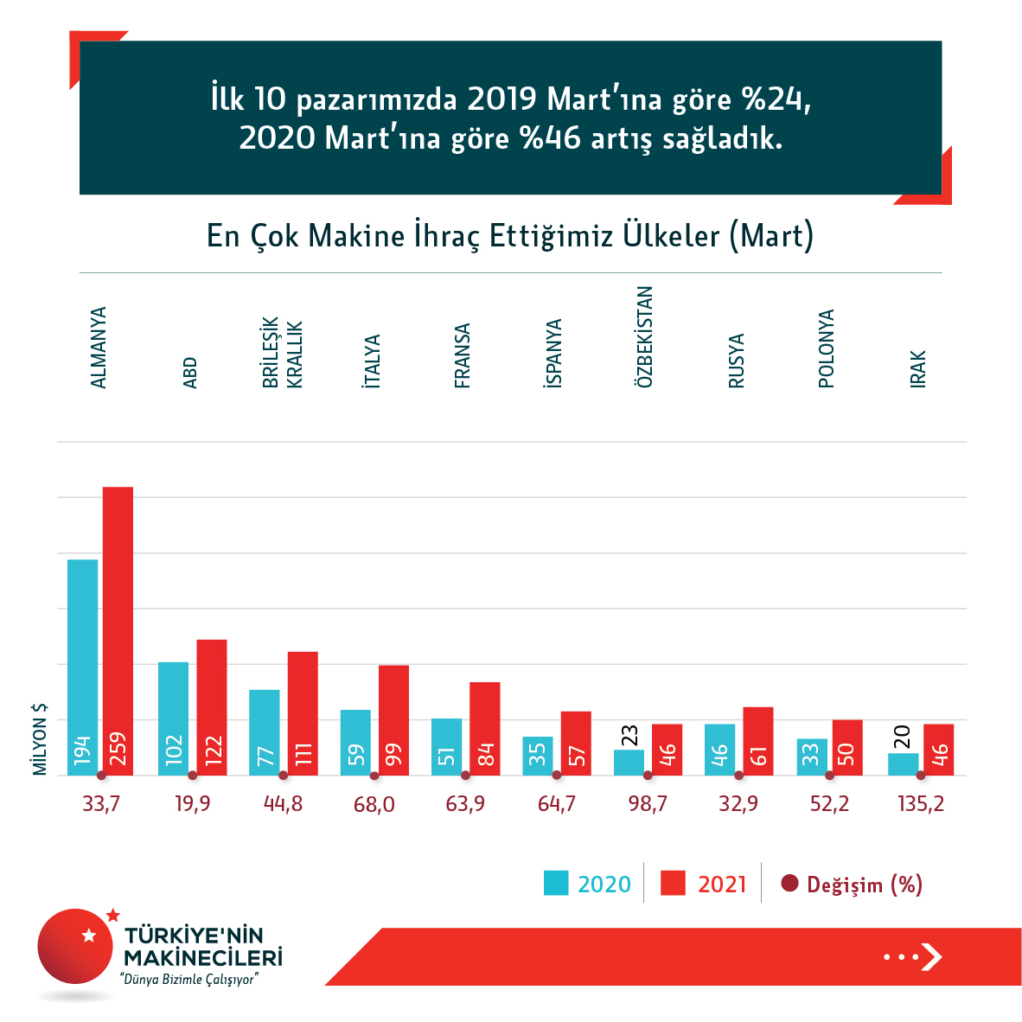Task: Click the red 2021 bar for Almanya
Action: coord(118,631)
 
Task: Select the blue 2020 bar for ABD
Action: coord(173,718)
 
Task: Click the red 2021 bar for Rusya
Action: coord(758,741)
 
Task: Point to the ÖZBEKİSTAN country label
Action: coord(645,336)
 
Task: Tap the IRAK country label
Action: coord(918,368)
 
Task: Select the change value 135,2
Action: coord(921,804)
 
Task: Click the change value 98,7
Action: coord(648,804)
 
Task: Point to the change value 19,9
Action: coord(192,804)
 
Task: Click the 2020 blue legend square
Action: coord(556,883)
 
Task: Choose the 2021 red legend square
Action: coord(673,883)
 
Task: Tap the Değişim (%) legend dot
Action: coord(789,884)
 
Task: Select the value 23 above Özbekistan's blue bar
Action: coord(629,736)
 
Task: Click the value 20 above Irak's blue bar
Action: coord(902,738)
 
